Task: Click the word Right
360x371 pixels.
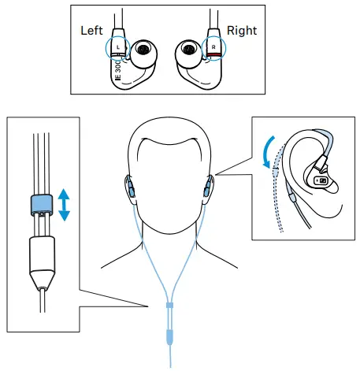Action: (242, 30)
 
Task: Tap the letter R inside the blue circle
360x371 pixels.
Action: (213, 47)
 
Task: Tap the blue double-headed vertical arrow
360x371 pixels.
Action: (64, 203)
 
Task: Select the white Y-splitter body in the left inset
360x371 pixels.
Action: (40, 259)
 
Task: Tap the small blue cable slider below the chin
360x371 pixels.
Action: (169, 304)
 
